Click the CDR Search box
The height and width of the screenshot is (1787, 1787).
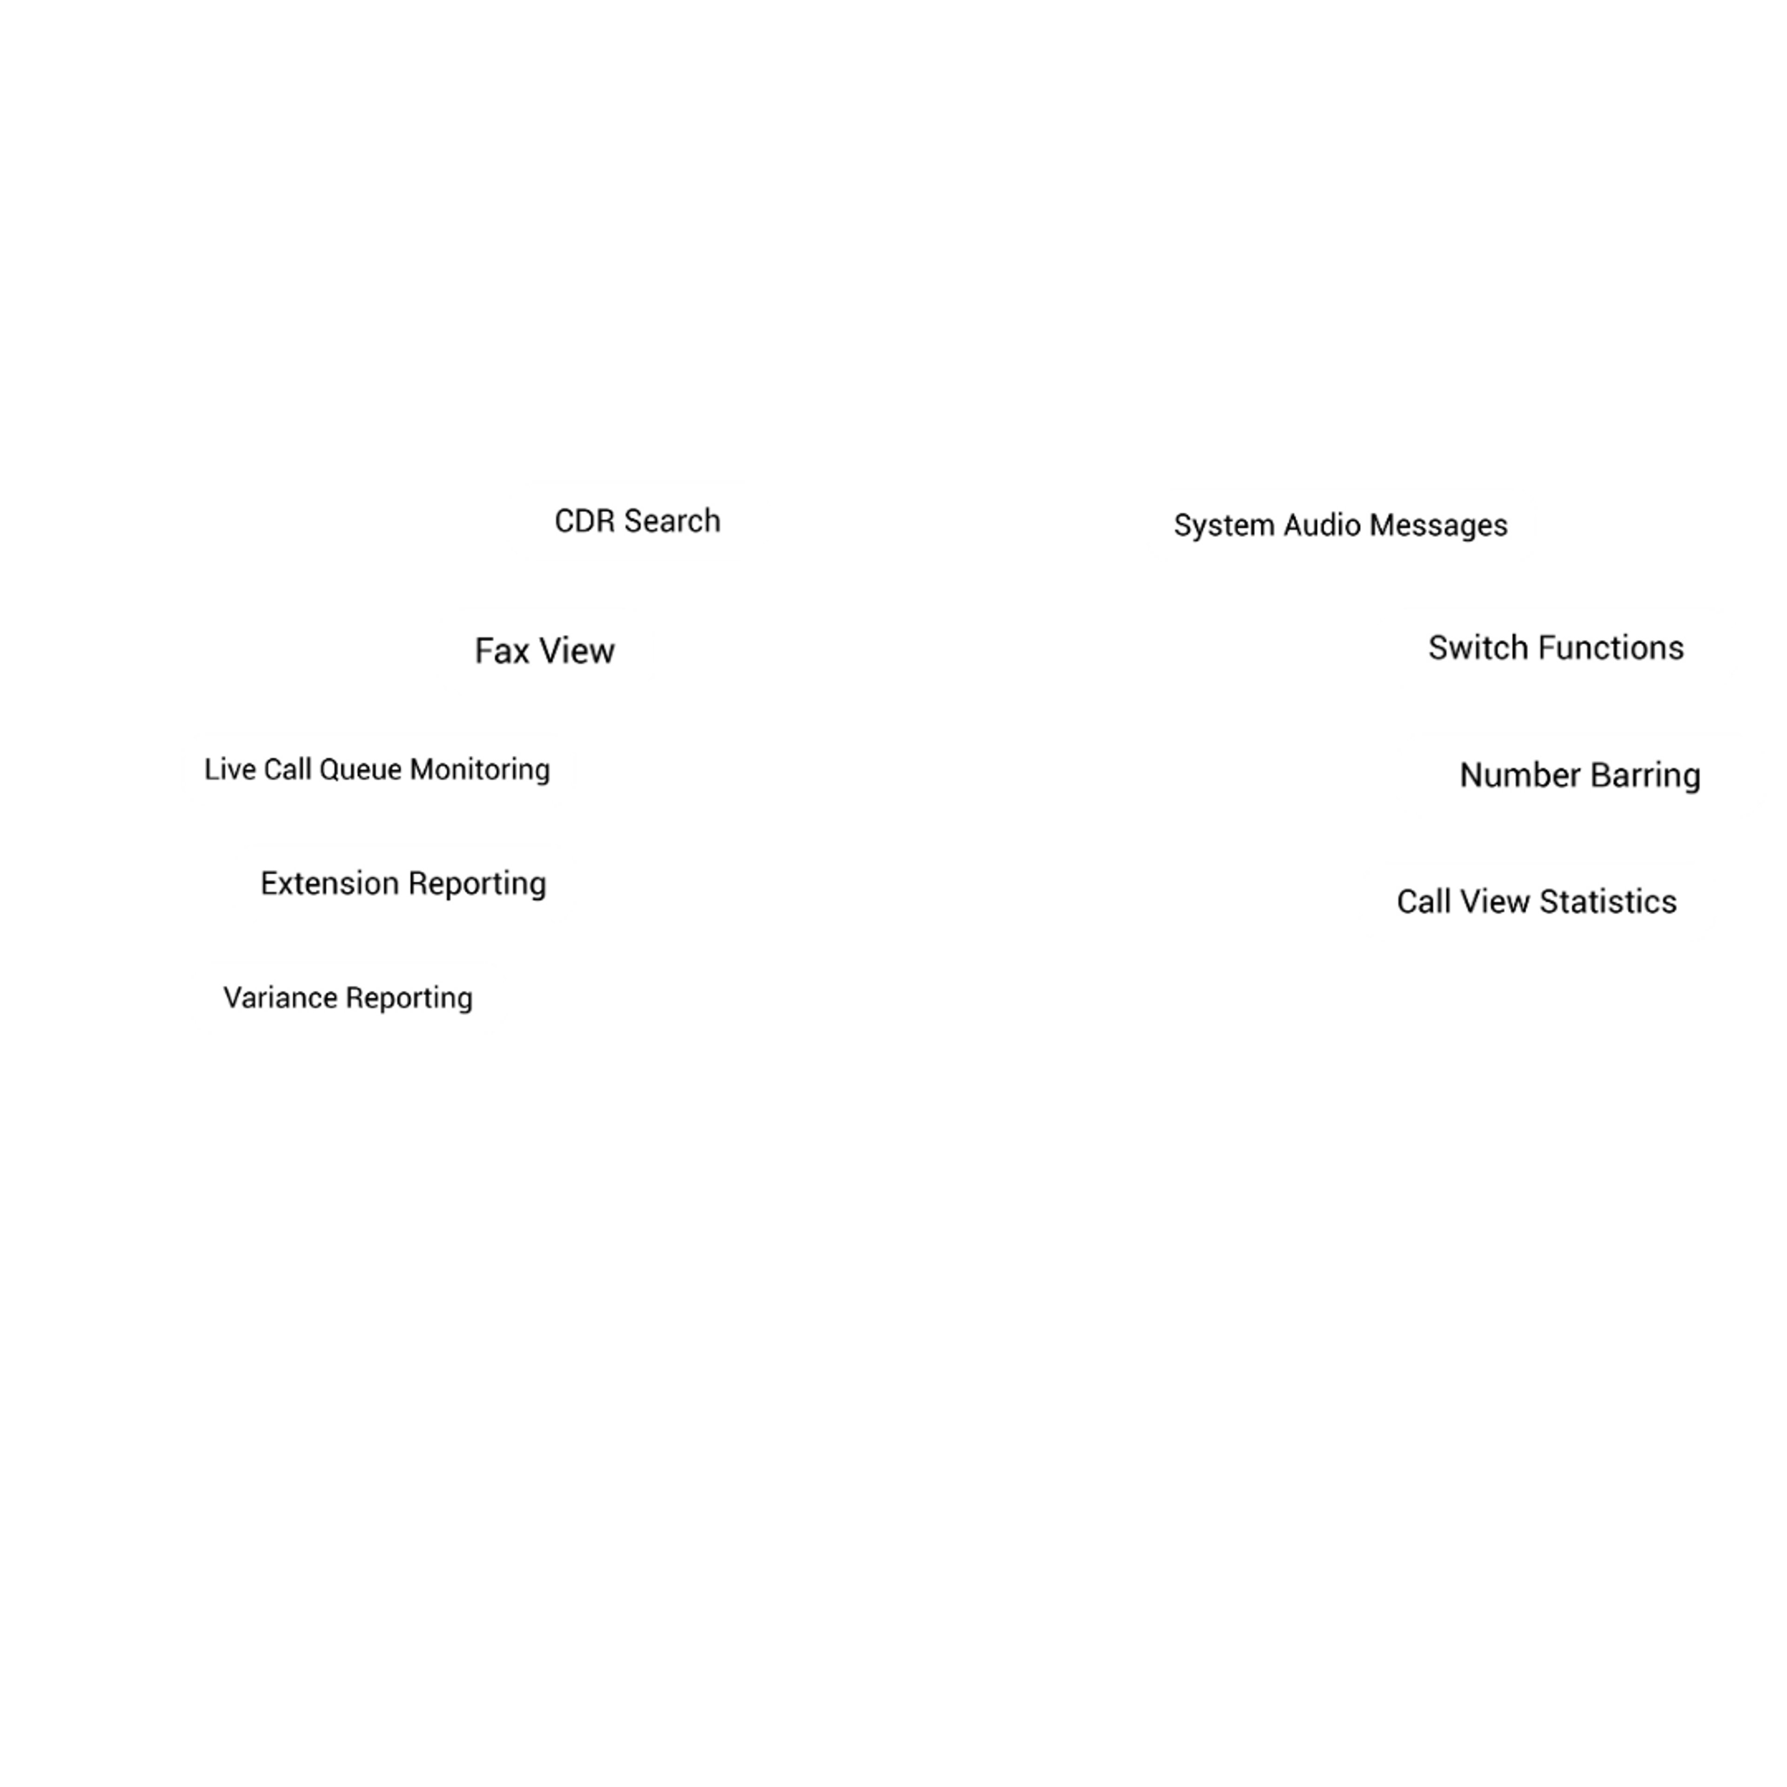637,521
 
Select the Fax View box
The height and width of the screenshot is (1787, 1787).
545,651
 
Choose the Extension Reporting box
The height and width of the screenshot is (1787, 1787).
403,883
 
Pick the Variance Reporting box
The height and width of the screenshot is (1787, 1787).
348,997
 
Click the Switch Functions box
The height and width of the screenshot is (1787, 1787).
1556,647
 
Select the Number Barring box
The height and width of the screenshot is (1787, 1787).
1580,775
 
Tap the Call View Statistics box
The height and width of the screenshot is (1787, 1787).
1536,902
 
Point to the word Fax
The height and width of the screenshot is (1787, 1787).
501,651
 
